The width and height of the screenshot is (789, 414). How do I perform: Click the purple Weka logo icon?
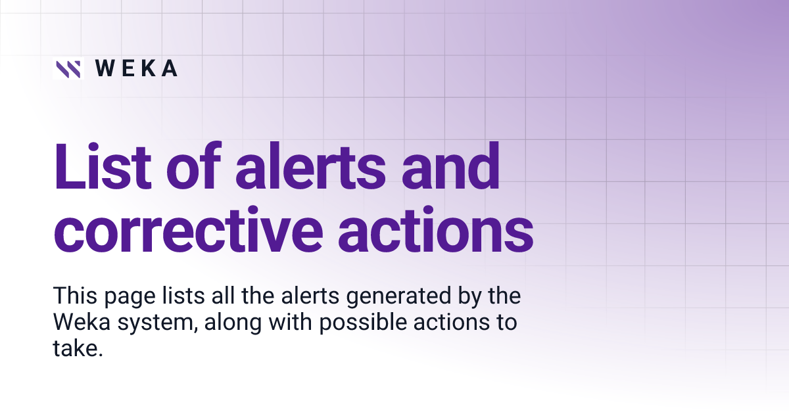(x=68, y=68)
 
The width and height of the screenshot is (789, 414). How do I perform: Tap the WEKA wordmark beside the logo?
(x=136, y=68)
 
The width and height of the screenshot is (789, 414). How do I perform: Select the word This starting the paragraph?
(x=74, y=296)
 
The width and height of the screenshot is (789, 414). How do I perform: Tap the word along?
(x=226, y=323)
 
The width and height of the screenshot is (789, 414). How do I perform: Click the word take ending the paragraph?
(x=78, y=350)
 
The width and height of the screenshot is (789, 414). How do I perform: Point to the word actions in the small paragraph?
(x=439, y=323)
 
